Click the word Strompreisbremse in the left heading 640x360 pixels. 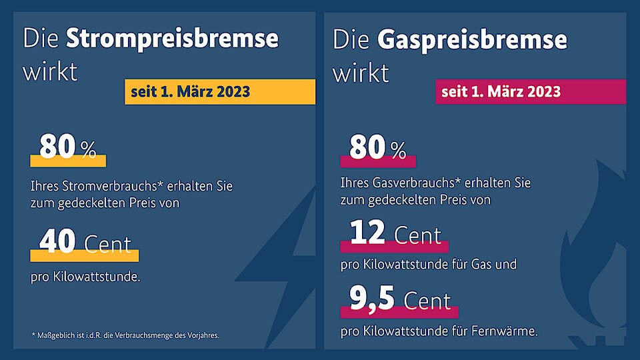[172, 38]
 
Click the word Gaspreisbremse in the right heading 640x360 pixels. [472, 40]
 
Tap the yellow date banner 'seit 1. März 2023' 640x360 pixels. [219, 92]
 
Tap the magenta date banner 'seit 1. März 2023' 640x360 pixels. [530, 92]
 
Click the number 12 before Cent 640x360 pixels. [367, 233]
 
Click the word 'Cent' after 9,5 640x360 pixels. [426, 301]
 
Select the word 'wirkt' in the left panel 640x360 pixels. [50, 71]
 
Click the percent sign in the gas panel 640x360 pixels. [399, 151]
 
